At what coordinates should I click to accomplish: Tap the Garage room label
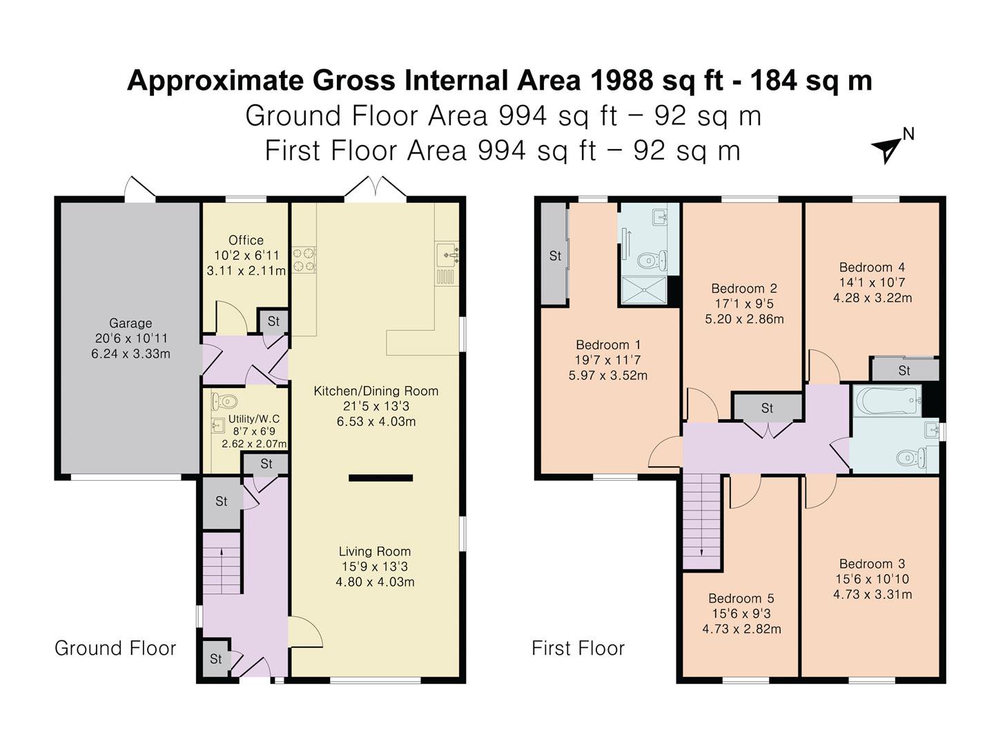point(130,323)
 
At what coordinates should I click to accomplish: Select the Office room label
point(246,240)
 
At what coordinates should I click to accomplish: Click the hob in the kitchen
point(304,260)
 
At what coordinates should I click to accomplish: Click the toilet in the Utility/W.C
point(224,401)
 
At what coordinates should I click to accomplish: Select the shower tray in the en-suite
point(644,290)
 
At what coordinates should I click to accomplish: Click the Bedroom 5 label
point(741,598)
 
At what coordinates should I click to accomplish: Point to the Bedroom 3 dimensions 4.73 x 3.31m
point(873,594)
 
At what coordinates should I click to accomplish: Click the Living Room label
point(375,551)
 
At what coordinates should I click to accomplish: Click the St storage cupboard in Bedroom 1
point(555,256)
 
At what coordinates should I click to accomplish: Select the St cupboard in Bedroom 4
point(904,371)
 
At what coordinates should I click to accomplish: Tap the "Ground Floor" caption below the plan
point(115,649)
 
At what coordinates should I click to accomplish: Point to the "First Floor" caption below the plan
point(578,649)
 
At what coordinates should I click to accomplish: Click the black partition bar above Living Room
point(381,478)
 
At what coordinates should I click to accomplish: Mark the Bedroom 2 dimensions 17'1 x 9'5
point(745,303)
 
